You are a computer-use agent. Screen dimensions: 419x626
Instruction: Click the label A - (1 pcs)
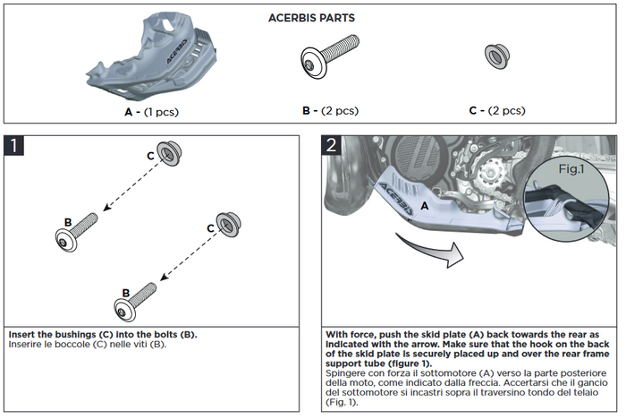(151, 112)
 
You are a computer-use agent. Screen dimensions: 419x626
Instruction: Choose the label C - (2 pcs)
(496, 111)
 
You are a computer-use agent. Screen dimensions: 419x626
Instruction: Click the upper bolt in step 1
(79, 229)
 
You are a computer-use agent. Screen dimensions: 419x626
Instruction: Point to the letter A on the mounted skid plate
(425, 205)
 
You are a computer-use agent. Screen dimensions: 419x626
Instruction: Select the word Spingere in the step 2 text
(351, 371)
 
